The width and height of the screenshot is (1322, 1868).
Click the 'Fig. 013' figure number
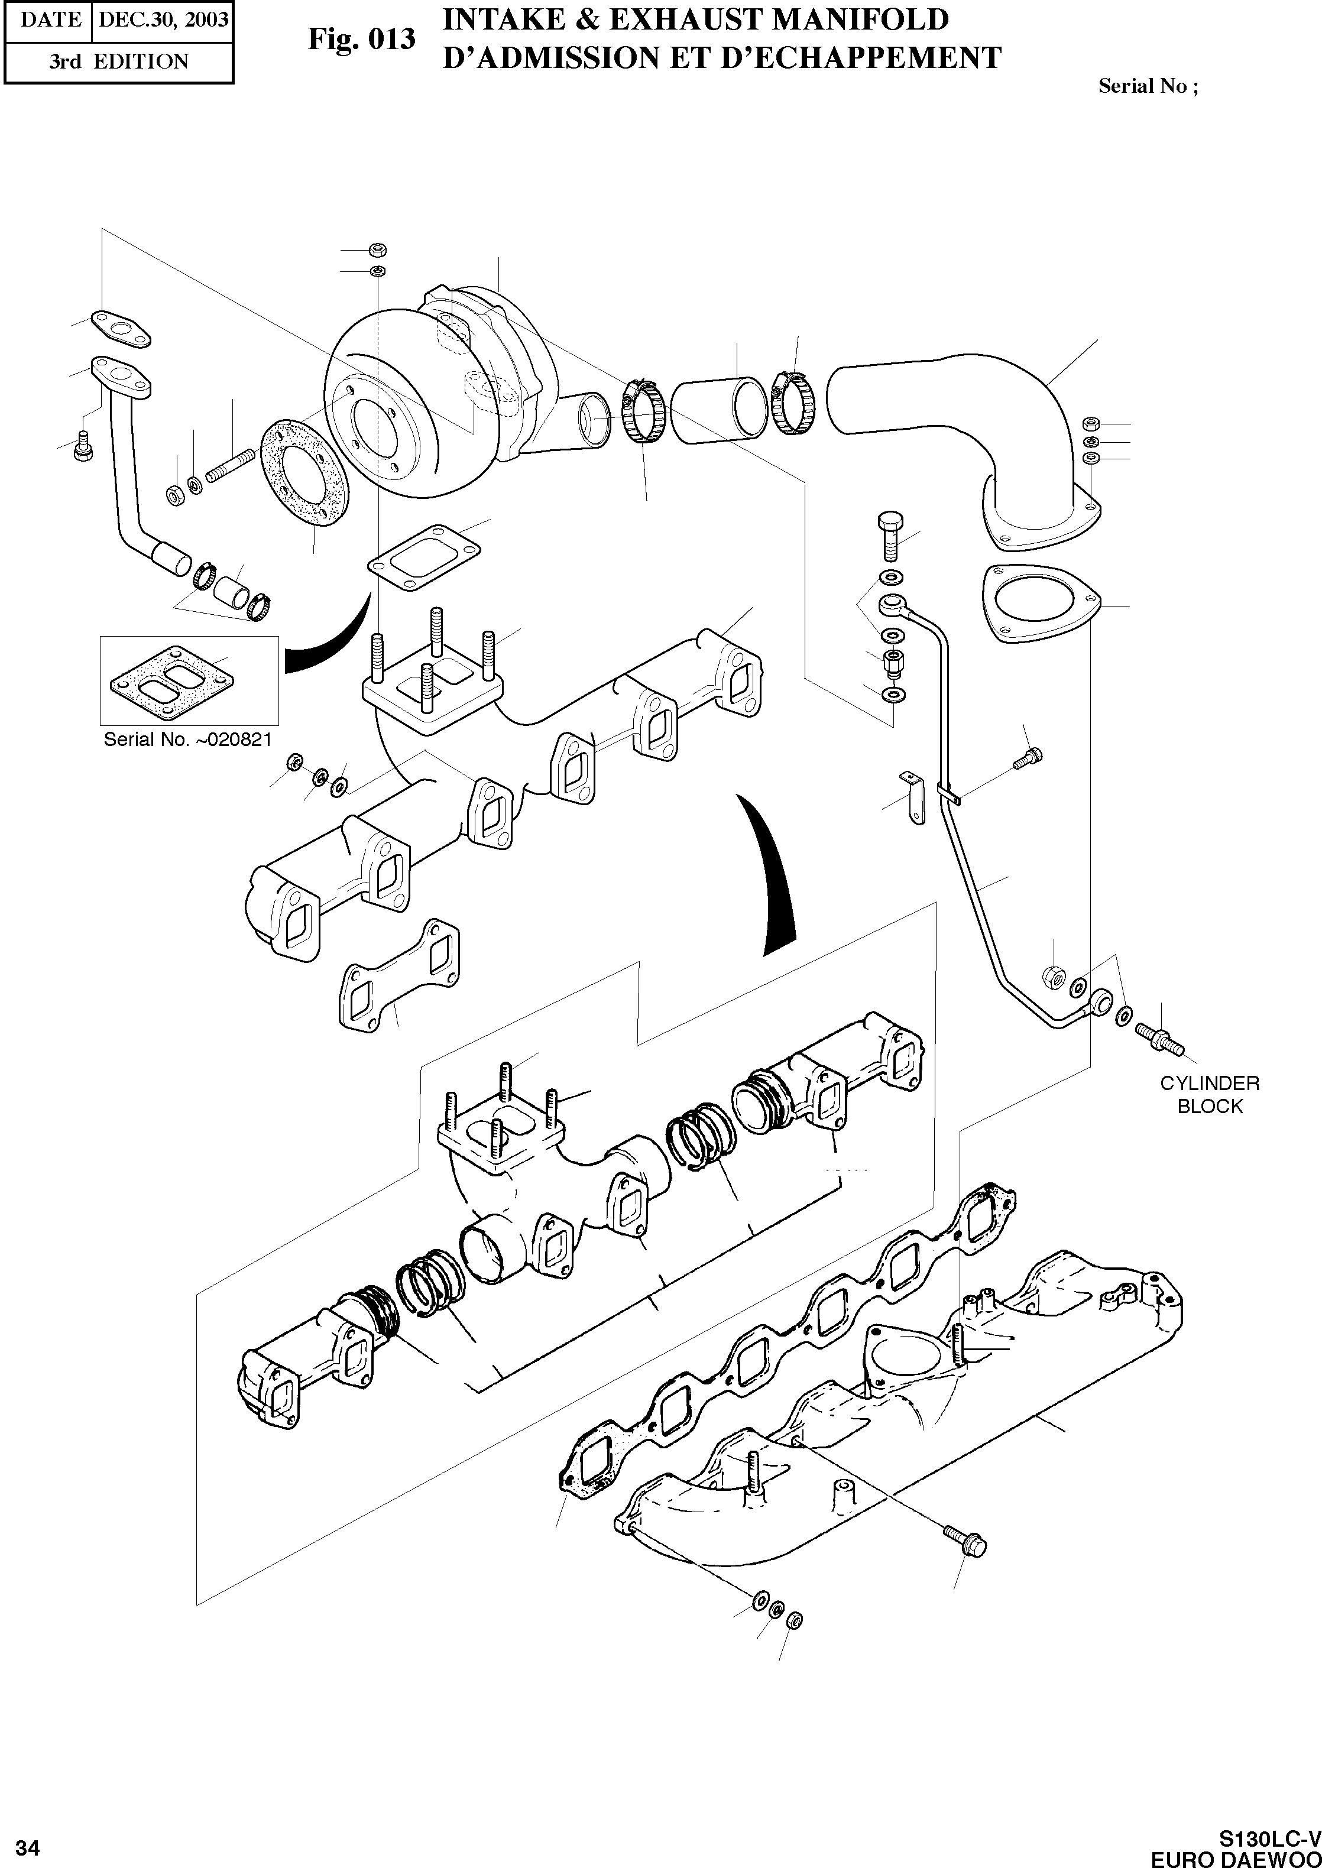click(x=361, y=39)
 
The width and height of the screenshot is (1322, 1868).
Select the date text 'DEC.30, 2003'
click(x=163, y=19)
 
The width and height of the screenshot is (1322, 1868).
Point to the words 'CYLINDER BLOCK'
click(x=1210, y=1094)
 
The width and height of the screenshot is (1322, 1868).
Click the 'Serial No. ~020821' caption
click(x=187, y=739)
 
